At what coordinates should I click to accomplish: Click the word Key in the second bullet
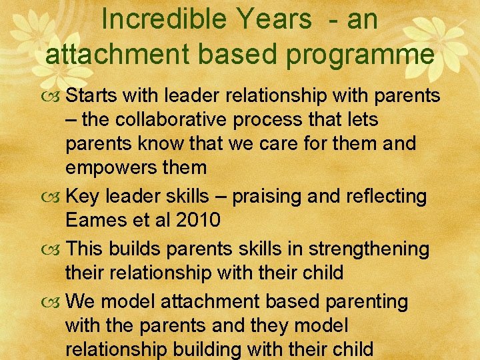(x=83, y=197)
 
